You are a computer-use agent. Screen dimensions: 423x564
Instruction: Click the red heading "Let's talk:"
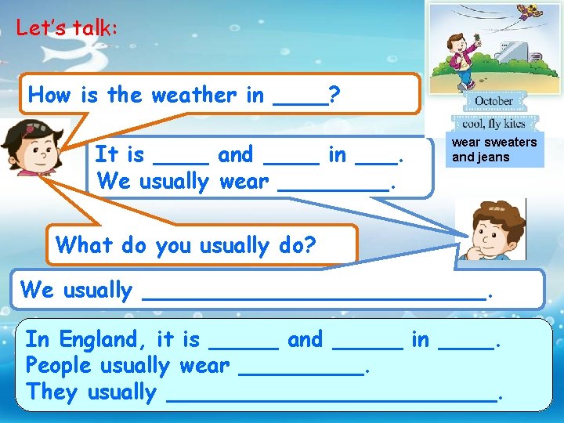coord(67,29)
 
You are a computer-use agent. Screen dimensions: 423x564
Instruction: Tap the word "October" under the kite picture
coord(493,101)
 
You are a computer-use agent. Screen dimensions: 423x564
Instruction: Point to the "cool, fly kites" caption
coord(494,123)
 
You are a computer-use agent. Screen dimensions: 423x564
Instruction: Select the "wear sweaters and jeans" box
coord(494,150)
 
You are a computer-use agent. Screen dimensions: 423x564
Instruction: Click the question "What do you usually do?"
coord(186,246)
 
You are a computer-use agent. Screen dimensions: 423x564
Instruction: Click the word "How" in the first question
coord(50,96)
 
